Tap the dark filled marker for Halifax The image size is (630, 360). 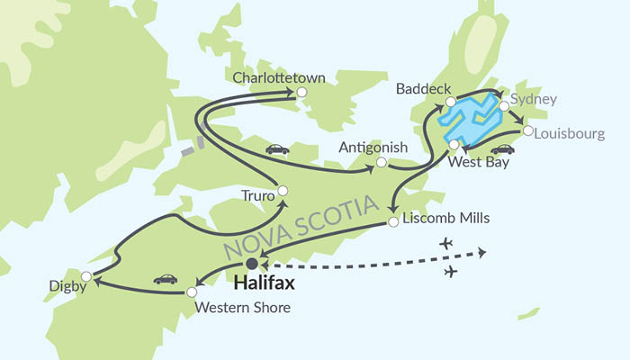point(253,264)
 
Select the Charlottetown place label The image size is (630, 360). point(266,78)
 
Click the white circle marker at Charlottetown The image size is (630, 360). point(302,92)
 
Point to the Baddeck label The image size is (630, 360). point(418,89)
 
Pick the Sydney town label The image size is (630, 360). point(534,99)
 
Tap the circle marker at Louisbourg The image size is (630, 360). point(527,130)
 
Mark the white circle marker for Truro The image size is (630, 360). point(283,190)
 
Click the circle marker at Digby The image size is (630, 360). point(86,275)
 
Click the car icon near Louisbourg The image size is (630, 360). point(502,148)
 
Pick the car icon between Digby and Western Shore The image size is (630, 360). point(165,279)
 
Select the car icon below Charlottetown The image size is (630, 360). point(277,149)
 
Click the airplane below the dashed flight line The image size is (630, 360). point(451,271)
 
